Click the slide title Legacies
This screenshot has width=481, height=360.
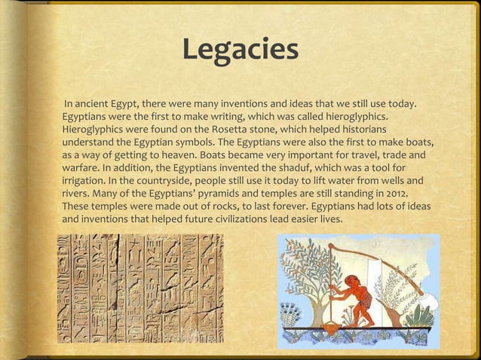click(240, 50)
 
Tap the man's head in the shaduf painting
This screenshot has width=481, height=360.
click(352, 282)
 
